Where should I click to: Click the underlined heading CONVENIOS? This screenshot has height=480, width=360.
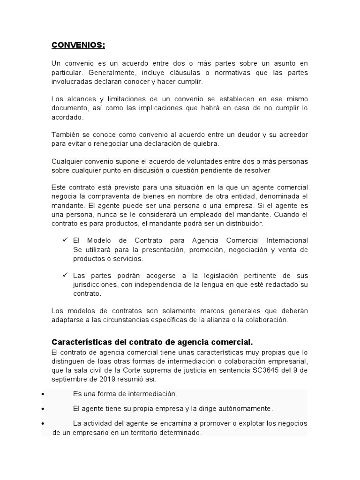(x=78, y=45)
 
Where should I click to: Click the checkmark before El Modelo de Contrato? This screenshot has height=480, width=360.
(x=65, y=240)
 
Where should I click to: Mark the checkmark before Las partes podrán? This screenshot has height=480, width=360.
(x=65, y=275)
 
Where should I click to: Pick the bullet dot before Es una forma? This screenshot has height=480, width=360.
(x=43, y=394)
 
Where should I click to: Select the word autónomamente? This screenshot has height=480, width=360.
(x=245, y=408)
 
